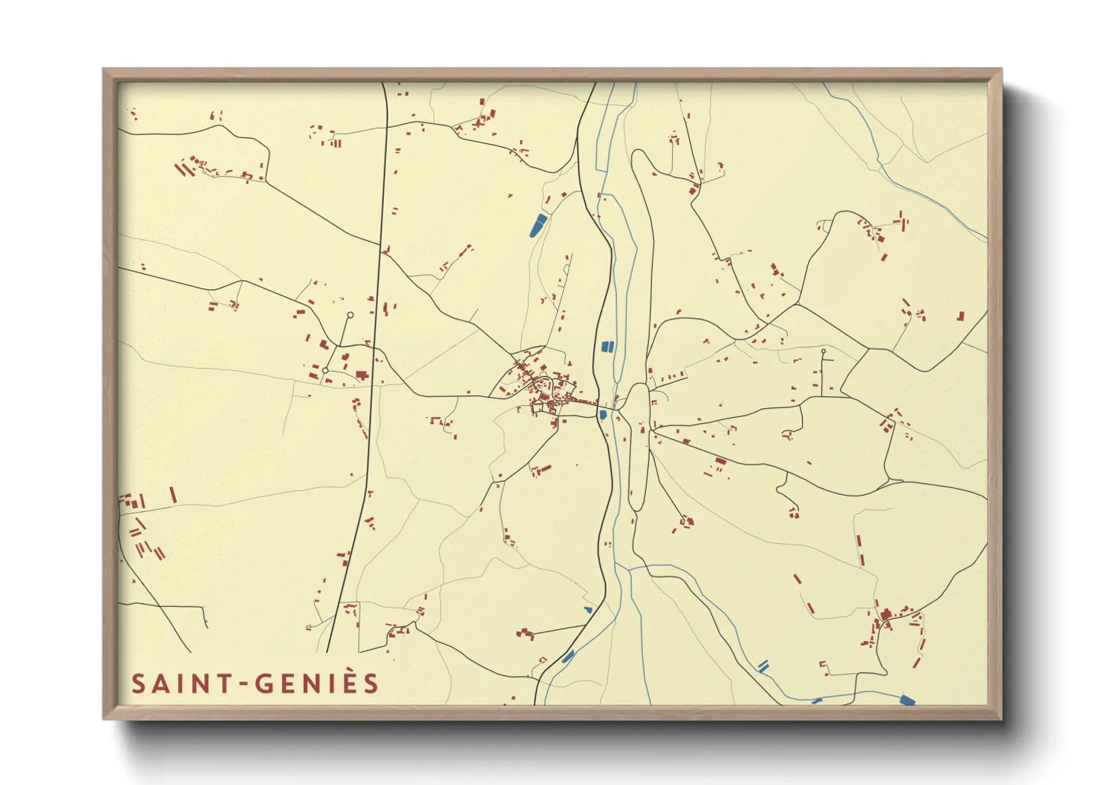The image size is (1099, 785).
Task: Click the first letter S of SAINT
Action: [x=138, y=683]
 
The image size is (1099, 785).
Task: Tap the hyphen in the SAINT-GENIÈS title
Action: [x=245, y=684]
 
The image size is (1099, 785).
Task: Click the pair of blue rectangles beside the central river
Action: [x=607, y=346]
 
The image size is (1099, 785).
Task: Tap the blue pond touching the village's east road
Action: [x=603, y=415]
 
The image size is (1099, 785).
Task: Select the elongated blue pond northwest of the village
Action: [x=537, y=225]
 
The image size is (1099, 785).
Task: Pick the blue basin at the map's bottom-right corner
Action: [x=907, y=700]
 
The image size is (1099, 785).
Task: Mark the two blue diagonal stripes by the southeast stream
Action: [x=763, y=666]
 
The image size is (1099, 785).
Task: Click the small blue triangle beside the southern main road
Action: [x=588, y=610]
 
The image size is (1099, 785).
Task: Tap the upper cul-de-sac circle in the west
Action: [x=350, y=315]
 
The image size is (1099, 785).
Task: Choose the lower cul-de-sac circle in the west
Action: [x=325, y=370]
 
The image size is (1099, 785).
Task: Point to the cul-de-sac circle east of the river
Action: [x=824, y=352]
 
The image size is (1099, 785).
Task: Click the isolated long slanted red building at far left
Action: [x=173, y=495]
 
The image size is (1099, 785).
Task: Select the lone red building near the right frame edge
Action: [x=960, y=316]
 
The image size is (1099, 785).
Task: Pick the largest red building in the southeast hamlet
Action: [x=886, y=615]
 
